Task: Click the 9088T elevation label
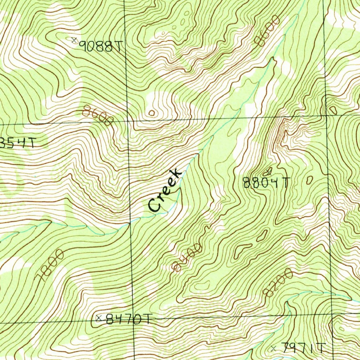tap(101, 46)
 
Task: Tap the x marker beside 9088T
tap(74, 40)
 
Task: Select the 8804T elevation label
tap(266, 183)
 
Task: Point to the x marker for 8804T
tap(269, 171)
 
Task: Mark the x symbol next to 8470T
tap(99, 319)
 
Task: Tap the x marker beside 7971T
tap(274, 348)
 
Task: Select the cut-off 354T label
tap(18, 143)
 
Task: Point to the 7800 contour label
tap(51, 266)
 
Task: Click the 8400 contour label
tap(187, 258)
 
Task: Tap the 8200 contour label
tap(278, 282)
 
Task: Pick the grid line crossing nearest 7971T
tap(332, 314)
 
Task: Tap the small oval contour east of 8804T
tap(309, 180)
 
